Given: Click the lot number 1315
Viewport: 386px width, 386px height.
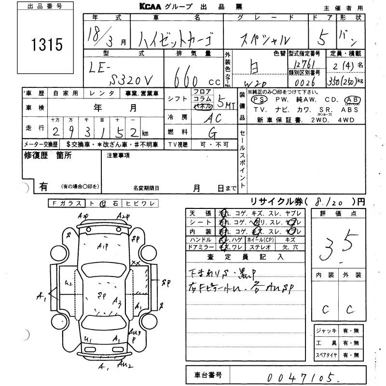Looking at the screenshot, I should pyautogui.click(x=47, y=45).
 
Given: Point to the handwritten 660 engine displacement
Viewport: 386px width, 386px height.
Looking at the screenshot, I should pyautogui.click(x=189, y=75).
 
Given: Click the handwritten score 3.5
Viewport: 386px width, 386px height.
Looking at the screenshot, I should pyautogui.click(x=341, y=244).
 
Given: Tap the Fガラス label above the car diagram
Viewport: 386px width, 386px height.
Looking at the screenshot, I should pyautogui.click(x=67, y=204).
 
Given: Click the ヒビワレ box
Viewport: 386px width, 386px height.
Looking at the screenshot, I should pyautogui.click(x=139, y=204).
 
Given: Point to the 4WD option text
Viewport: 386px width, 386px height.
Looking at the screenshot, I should pyautogui.click(x=349, y=120).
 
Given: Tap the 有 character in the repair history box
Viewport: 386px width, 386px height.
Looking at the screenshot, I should pyautogui.click(x=43, y=186).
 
